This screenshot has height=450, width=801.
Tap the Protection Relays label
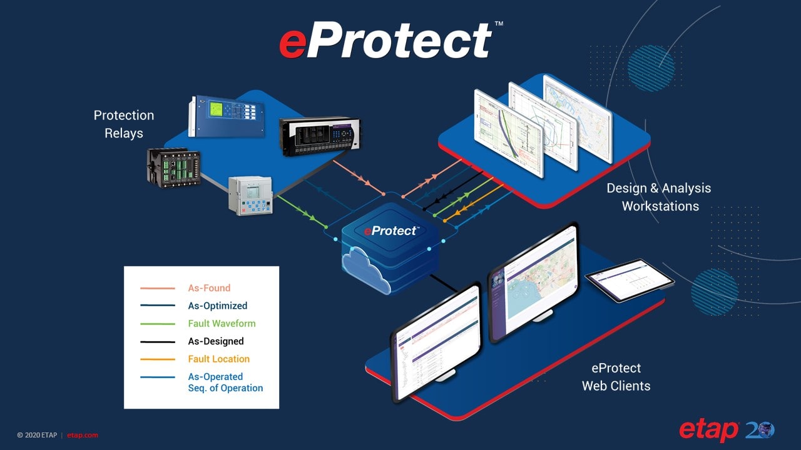click(124, 124)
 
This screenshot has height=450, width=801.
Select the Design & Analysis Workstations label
click(659, 197)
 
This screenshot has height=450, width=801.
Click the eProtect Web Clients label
click(616, 377)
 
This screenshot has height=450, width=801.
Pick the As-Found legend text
click(209, 288)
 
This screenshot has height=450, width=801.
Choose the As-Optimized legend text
click(218, 306)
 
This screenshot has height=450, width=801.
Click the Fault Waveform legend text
click(222, 324)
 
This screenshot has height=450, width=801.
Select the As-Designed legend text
click(216, 341)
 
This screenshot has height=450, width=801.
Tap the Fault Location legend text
click(218, 359)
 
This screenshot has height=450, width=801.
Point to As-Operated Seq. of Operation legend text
click(225, 382)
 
